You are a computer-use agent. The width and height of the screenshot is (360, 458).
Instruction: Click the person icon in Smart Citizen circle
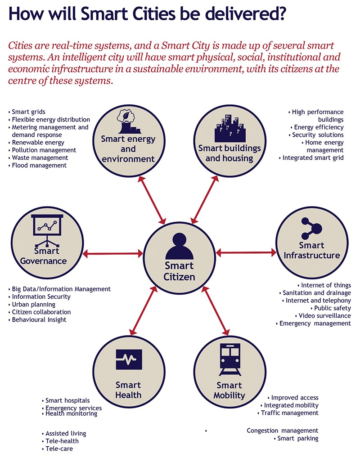point(180,246)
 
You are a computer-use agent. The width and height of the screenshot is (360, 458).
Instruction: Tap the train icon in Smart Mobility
point(230,359)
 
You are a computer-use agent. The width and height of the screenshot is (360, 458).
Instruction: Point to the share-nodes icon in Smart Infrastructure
point(311,227)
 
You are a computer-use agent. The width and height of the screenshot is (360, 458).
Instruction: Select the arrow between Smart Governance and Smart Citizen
point(113,254)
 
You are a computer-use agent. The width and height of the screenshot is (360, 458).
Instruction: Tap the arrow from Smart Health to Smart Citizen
point(144,311)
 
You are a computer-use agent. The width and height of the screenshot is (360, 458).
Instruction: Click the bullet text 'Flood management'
point(39,166)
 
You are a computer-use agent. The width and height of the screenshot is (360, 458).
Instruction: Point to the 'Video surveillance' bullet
point(324,316)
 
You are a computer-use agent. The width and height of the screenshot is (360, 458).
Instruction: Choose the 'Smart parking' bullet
point(297,438)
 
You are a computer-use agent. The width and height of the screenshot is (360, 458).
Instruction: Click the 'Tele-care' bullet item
point(58,449)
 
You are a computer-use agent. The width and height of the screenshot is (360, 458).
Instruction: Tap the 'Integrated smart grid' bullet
point(313,158)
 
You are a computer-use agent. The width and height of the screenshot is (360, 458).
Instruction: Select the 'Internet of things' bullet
point(326,285)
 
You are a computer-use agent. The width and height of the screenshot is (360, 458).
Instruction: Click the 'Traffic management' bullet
point(289,413)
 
